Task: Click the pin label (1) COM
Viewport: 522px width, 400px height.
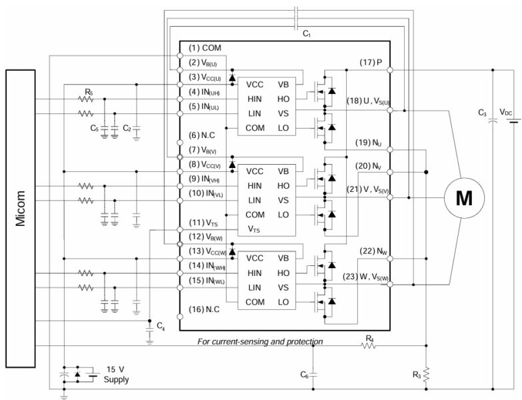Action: pyautogui.click(x=205, y=48)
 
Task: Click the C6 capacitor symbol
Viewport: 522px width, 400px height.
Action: pyautogui.click(x=314, y=374)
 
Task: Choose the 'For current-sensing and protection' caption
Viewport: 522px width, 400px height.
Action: pyautogui.click(x=261, y=341)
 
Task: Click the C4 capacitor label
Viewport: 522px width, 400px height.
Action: pyautogui.click(x=161, y=325)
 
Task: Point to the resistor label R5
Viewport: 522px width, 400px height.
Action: pyautogui.click(x=89, y=90)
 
